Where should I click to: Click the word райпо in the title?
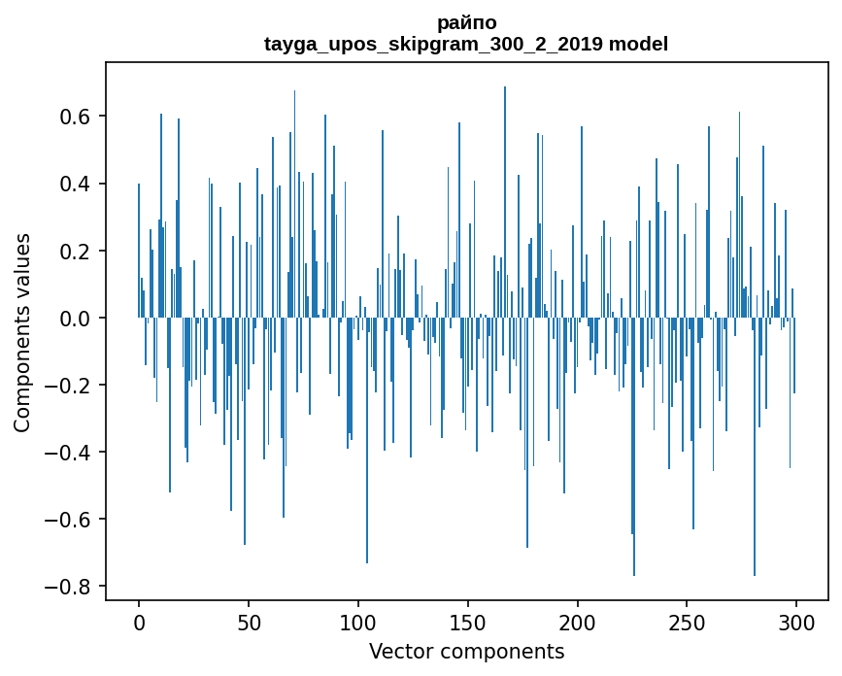coord(466,23)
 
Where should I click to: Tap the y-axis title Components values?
coord(22,332)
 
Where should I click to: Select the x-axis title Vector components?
coord(466,651)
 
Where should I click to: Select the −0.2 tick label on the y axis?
coord(68,385)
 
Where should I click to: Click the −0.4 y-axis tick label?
coord(68,452)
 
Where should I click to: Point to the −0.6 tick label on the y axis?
coord(68,519)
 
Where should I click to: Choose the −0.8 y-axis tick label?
coord(68,586)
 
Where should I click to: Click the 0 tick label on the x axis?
coord(139,622)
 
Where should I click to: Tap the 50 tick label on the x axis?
coord(249,622)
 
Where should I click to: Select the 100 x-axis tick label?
coord(358,622)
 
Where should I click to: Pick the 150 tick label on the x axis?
coord(468,622)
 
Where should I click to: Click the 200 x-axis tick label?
coord(578,622)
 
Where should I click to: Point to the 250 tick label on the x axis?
coord(687,622)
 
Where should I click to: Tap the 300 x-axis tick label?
coord(796,622)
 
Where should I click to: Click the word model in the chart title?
coord(638,45)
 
